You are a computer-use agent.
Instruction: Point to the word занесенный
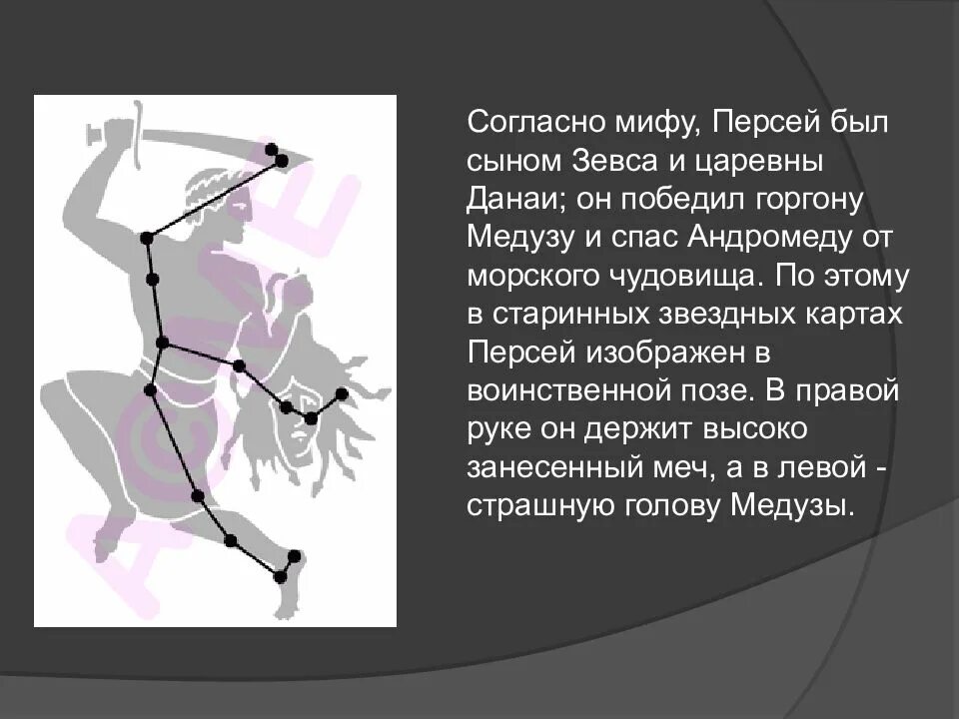[551, 467]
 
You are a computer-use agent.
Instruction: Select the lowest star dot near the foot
[280, 576]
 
